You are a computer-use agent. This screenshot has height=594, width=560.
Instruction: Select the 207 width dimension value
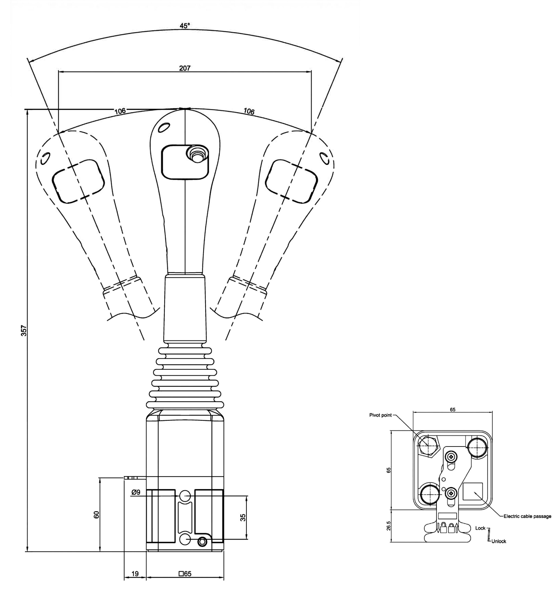(185, 68)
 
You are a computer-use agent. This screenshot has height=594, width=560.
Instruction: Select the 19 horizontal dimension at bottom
(135, 574)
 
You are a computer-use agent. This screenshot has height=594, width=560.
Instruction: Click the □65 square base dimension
(185, 574)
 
